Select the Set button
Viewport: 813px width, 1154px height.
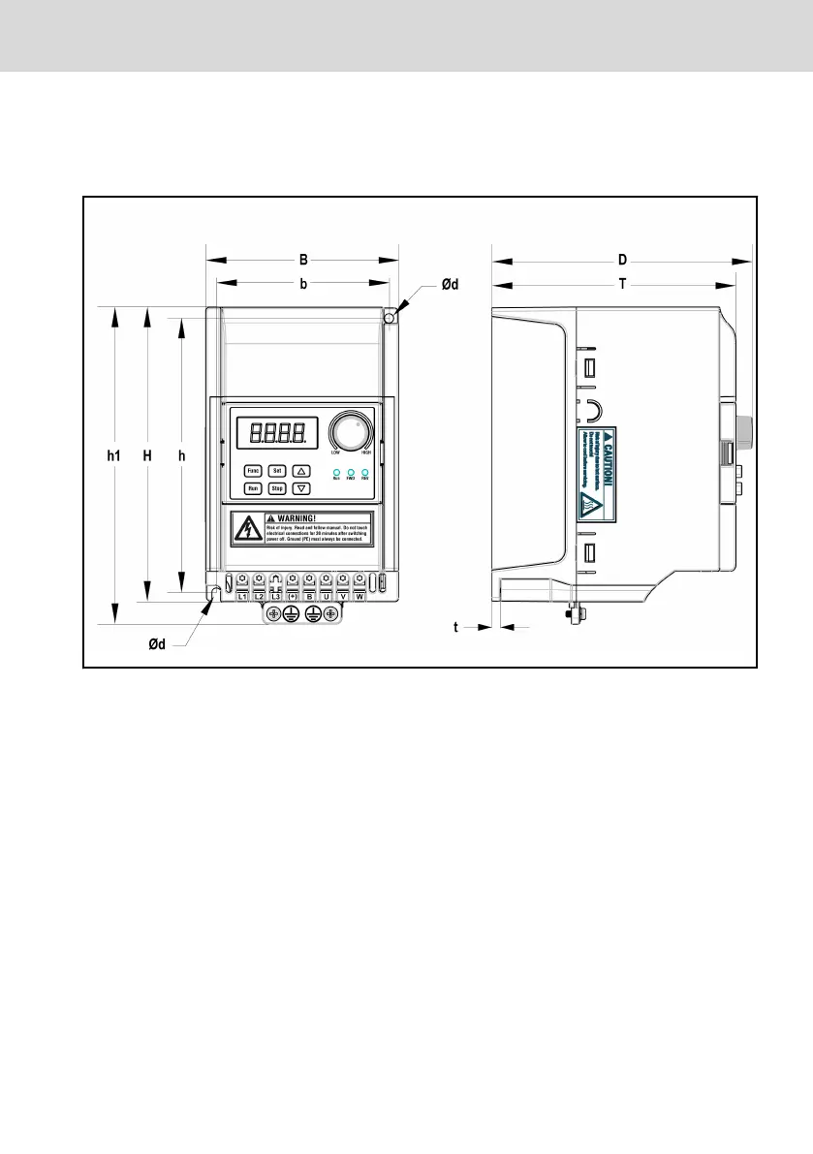pyautogui.click(x=276, y=470)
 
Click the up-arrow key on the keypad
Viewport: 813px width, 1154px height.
pyautogui.click(x=300, y=470)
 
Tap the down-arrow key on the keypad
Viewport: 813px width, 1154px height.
pyautogui.click(x=300, y=489)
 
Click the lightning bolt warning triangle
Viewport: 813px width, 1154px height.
pyautogui.click(x=246, y=528)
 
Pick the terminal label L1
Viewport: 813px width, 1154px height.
pyautogui.click(x=243, y=596)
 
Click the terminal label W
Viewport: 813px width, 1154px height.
pyautogui.click(x=359, y=596)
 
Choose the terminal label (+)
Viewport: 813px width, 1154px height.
pyautogui.click(x=292, y=596)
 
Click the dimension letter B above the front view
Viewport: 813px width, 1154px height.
pyautogui.click(x=303, y=260)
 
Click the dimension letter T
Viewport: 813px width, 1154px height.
pyautogui.click(x=622, y=285)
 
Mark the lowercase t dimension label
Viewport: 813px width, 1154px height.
pyautogui.click(x=456, y=627)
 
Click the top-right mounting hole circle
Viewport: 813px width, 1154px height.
pyautogui.click(x=389, y=317)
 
